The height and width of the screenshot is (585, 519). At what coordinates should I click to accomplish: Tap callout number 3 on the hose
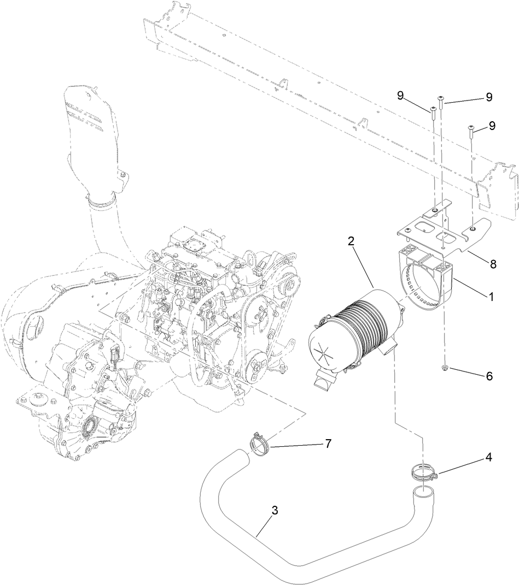tap(275, 510)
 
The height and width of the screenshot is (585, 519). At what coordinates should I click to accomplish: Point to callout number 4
tap(488, 458)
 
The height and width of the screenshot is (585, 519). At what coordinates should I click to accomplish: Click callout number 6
tap(488, 376)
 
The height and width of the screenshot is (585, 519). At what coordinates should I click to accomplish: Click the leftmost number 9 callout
tap(400, 95)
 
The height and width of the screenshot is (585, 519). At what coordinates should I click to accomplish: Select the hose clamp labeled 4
tap(423, 471)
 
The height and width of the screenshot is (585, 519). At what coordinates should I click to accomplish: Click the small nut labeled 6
tap(444, 369)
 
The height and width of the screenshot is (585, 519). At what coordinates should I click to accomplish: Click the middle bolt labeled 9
tap(441, 102)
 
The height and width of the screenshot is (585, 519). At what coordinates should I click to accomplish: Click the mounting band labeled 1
tap(432, 284)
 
